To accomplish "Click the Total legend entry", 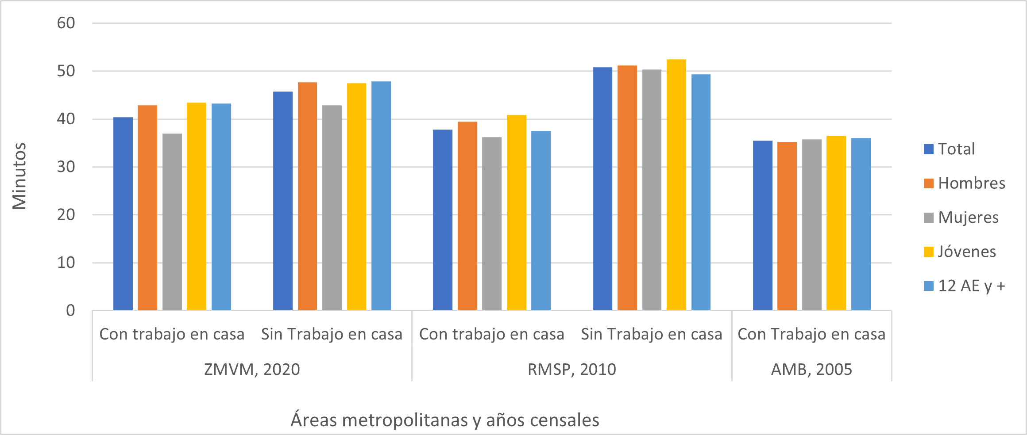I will point(956,149).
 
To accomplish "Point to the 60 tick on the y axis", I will point(66,23).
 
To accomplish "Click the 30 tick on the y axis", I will point(66,167).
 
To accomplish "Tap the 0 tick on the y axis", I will point(70,310).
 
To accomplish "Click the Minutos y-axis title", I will point(19,176).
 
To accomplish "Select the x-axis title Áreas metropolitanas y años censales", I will point(445,420).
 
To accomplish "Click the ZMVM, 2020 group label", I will point(252,369).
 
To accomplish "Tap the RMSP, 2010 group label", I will point(571,369).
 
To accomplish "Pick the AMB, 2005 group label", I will point(811,369).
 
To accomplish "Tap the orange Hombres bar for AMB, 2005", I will point(787,226).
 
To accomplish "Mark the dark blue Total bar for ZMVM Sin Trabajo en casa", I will point(283,201).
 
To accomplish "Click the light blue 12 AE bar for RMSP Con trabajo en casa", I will point(541,221).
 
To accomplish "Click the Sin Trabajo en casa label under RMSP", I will point(651,334).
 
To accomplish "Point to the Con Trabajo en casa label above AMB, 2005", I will point(811,334).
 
